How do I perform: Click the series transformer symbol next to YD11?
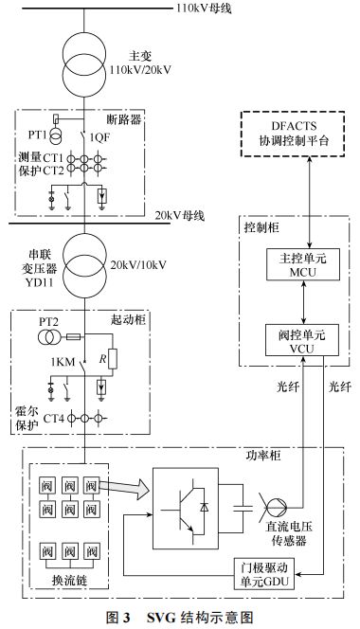[85, 258]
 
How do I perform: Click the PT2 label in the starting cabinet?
[49, 322]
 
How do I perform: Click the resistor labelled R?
[113, 358]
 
